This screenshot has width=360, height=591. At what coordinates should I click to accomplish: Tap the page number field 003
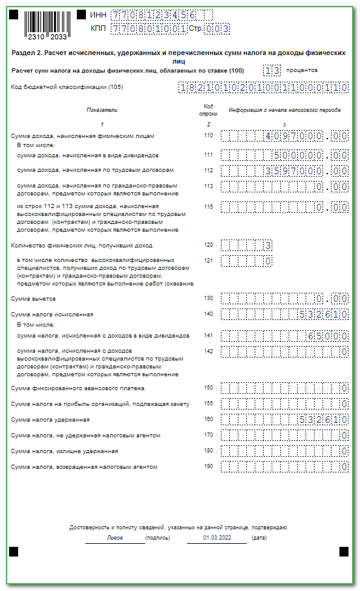pos(200,28)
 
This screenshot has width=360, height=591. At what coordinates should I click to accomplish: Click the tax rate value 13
pos(272,70)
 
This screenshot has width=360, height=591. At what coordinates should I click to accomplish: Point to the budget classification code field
pos(263,87)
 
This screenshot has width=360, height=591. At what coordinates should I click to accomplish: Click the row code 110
pos(209,136)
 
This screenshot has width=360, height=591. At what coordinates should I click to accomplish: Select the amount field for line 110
pos(284,136)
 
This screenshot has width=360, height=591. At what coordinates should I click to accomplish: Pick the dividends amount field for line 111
pos(284,155)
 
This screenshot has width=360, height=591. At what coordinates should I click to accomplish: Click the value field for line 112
pos(284,170)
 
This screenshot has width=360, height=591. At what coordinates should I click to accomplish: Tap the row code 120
pos(209,245)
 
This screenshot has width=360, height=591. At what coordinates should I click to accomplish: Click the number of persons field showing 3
pos(247,245)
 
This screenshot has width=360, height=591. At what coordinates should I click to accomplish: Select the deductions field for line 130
pos(284,298)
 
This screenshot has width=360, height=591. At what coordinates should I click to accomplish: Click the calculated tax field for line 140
pos(284,314)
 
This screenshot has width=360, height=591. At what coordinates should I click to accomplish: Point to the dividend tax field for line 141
pos(284,335)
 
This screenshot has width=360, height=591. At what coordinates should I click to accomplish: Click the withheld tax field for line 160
pos(284,419)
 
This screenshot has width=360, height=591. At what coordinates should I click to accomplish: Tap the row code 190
pos(209,466)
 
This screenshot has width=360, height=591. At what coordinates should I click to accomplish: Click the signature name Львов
pos(115,538)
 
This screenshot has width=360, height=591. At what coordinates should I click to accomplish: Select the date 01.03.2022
pos(216,538)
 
